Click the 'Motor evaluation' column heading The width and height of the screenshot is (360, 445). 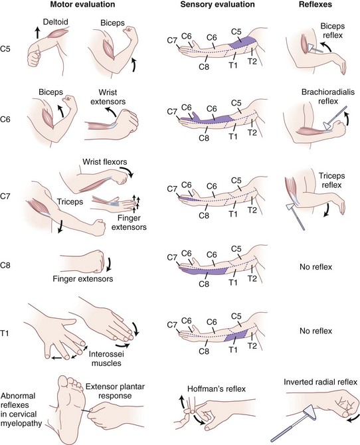82,5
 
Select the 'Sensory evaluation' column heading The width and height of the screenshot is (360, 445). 217,5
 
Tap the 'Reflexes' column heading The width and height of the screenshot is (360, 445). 315,5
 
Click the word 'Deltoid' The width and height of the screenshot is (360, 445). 56,22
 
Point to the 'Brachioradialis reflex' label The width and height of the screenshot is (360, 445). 328,96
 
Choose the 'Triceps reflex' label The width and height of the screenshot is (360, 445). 331,180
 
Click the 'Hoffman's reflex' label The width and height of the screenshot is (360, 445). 217,389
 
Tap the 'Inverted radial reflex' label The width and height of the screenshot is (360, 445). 320,382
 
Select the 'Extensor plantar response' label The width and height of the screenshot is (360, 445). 115,391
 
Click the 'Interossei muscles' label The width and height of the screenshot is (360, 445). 106,359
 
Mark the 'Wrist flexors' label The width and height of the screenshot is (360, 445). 105,162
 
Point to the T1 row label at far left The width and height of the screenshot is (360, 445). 5,333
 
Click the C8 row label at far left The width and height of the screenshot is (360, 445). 5,266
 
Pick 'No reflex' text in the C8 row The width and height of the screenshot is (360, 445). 315,267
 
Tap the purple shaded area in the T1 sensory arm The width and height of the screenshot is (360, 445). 236,336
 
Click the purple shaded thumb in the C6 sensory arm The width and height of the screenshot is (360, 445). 195,116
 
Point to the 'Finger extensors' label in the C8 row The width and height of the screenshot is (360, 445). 83,279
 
